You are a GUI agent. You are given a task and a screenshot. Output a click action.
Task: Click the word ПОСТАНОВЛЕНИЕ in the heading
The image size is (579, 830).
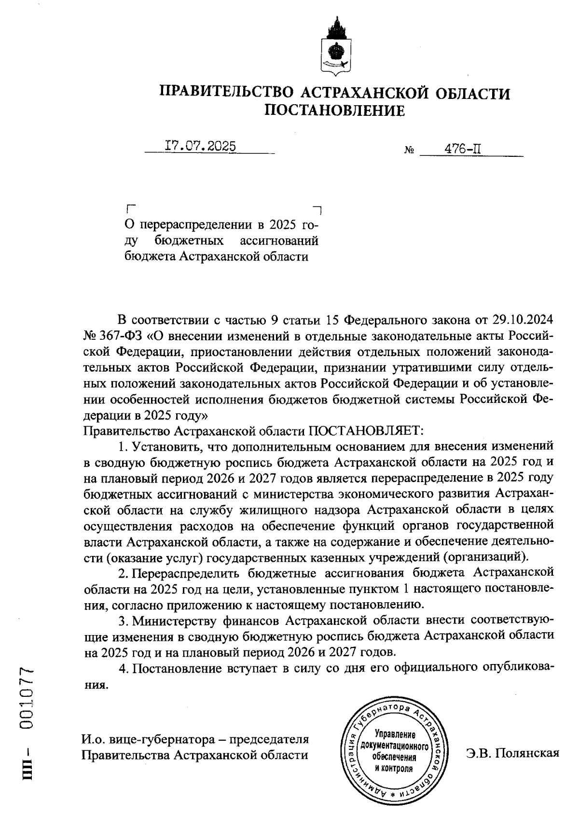(335, 111)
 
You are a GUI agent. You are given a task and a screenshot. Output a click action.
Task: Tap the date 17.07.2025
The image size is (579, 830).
(201, 146)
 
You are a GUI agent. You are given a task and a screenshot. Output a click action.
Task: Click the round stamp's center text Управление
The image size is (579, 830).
(395, 734)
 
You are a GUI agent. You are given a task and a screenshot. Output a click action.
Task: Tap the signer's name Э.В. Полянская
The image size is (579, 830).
(512, 753)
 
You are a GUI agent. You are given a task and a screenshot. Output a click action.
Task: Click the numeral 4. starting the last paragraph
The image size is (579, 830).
(123, 669)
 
